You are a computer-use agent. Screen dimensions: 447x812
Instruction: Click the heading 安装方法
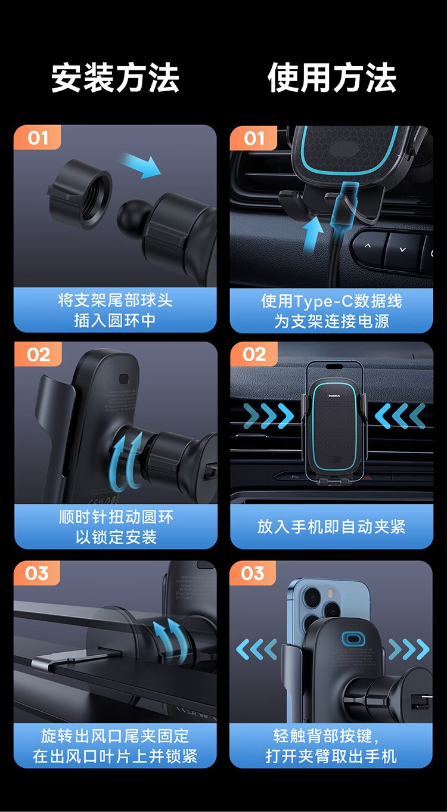(115, 78)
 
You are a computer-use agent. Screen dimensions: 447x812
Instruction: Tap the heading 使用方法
(332, 78)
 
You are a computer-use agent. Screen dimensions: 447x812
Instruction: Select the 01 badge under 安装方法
(38, 138)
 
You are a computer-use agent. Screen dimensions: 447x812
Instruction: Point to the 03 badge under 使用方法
(253, 573)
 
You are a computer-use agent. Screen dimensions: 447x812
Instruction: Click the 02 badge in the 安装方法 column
(38, 354)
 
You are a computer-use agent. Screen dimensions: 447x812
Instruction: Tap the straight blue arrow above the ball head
(141, 166)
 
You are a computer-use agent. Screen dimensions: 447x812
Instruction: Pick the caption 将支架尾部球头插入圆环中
(115, 310)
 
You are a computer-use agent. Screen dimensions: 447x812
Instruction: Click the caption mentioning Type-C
(332, 311)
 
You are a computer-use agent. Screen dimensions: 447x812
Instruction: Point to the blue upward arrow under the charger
(312, 236)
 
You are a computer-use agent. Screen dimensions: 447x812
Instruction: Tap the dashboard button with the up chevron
(368, 246)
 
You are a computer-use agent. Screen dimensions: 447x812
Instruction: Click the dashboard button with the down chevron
(402, 249)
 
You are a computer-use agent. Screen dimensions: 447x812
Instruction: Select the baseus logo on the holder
(334, 395)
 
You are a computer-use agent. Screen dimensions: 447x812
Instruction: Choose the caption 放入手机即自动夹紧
(331, 526)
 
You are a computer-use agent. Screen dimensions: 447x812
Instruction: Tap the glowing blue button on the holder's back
(350, 639)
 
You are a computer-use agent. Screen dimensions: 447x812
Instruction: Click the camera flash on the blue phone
(330, 593)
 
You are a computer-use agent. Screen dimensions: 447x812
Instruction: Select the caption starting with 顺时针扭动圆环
(116, 526)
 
